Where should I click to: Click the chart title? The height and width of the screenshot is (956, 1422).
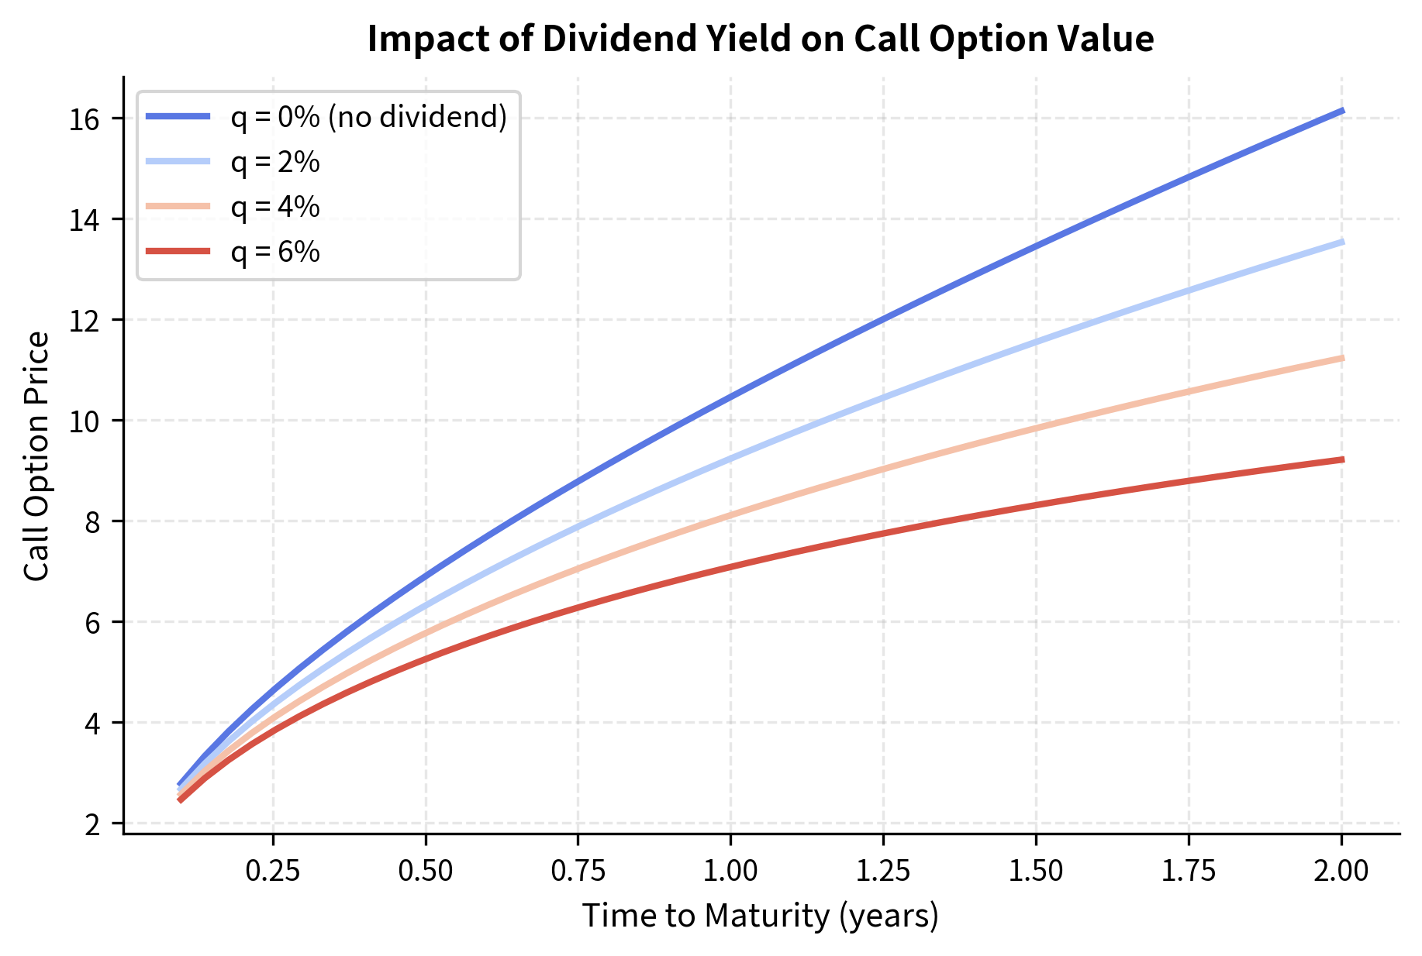761,40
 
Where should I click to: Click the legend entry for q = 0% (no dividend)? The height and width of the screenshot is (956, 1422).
368,117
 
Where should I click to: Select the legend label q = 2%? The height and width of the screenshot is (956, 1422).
275,162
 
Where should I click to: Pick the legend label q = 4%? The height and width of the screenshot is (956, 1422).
275,207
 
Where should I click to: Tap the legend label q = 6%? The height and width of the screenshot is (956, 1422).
275,252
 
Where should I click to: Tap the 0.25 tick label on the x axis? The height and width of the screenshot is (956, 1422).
272,871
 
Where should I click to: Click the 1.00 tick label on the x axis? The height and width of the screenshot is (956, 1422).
730,871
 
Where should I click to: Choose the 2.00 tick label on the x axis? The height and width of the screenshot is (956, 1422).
1341,871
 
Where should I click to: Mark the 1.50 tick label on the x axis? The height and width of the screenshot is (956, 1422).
1035,871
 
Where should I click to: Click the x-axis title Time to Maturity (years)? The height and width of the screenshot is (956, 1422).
761,916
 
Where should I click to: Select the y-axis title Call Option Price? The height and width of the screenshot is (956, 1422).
36,456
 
